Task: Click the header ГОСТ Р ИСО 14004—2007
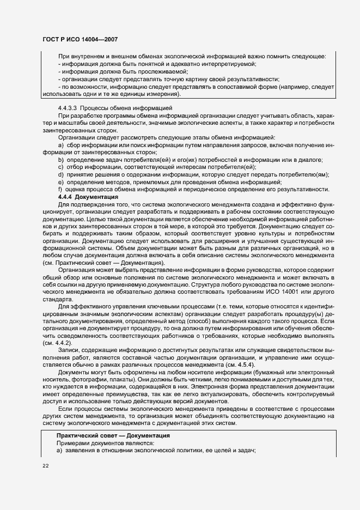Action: point(80,40)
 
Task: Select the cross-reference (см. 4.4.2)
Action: point(57,344)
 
